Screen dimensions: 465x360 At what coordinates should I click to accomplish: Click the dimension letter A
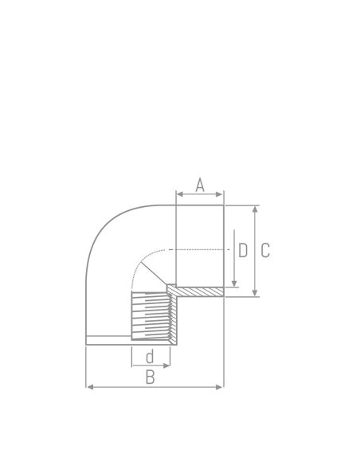[x=200, y=185]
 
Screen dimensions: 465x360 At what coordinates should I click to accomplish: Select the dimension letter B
[x=150, y=377]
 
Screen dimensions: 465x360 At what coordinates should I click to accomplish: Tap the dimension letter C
[x=265, y=250]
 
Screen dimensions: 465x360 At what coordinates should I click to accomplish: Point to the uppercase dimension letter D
[x=243, y=250]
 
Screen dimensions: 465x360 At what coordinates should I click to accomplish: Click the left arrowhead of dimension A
[x=178, y=193]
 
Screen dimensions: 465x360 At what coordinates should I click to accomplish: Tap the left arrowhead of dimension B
[x=88, y=387]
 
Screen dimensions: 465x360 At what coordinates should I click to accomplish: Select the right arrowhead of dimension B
[x=221, y=387]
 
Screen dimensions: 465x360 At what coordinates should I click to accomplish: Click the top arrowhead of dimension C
[x=255, y=209]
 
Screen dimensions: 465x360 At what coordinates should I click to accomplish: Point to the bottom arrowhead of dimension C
[x=255, y=294]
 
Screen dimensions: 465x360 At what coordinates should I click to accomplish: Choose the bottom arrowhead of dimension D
[x=234, y=283]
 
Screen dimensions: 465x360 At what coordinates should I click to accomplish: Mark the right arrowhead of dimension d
[x=167, y=366]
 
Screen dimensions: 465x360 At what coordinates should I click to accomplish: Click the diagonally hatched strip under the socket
[x=199, y=292]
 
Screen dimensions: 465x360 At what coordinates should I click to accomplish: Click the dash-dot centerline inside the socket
[x=199, y=249]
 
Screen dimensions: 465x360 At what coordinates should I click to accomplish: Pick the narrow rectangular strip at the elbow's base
[x=108, y=340]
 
